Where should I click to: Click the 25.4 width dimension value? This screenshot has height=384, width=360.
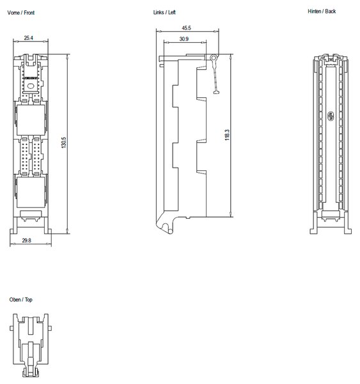pyautogui.click(x=29, y=38)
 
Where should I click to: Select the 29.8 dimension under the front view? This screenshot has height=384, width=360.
pyautogui.click(x=27, y=241)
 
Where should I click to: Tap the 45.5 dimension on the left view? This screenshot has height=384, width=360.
pyautogui.click(x=186, y=29)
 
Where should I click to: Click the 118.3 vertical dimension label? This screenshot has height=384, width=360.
pyautogui.click(x=227, y=136)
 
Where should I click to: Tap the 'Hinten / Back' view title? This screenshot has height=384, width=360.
pyautogui.click(x=321, y=12)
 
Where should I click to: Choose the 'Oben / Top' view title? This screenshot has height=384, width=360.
pyautogui.click(x=20, y=300)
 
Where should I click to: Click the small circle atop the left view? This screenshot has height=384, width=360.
pyautogui.click(x=213, y=58)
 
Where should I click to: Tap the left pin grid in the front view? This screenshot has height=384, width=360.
pyautogui.click(x=24, y=156)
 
